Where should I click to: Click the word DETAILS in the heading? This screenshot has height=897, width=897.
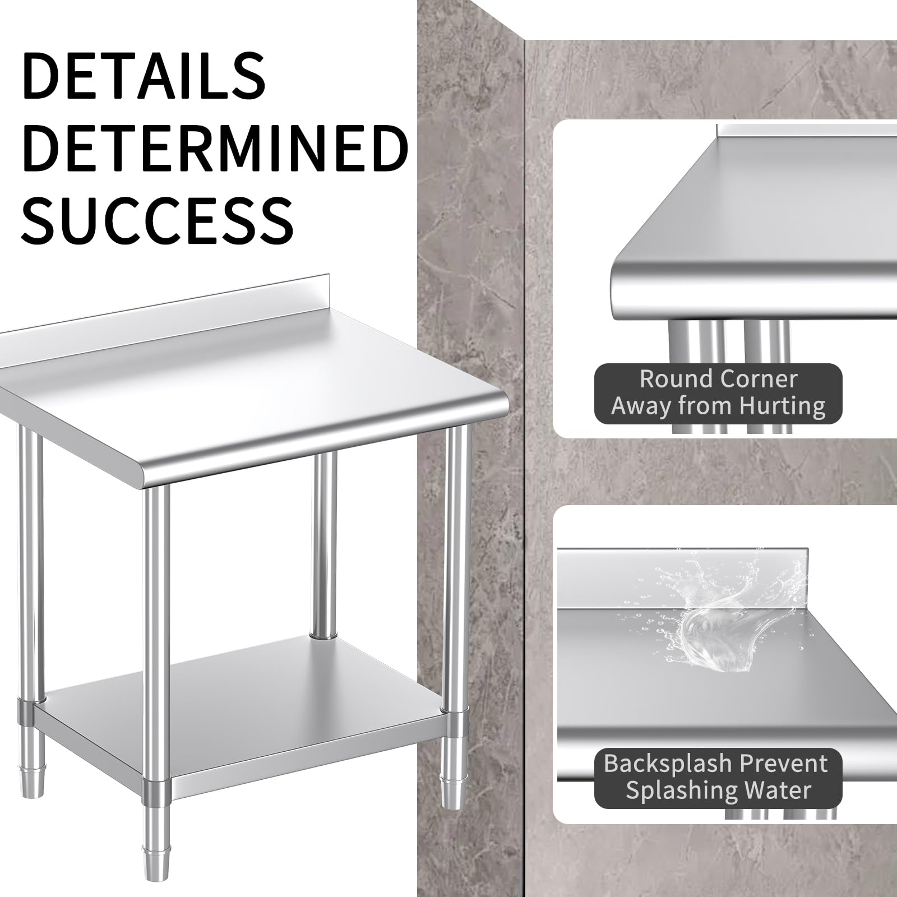144,75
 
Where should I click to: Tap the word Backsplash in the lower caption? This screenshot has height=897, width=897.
668,764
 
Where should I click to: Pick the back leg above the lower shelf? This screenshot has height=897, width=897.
325,546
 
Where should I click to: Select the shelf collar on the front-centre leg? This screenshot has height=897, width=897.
156,792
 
